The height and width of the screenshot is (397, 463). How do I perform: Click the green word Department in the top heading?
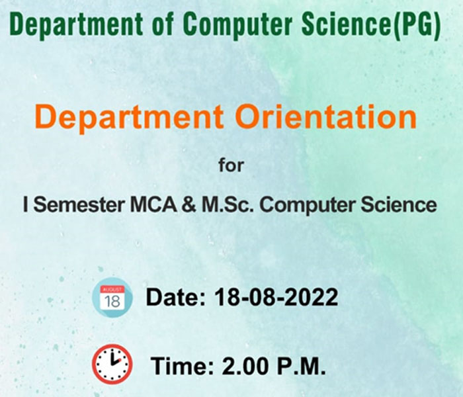point(76,24)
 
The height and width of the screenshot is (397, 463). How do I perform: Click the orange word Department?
point(129,118)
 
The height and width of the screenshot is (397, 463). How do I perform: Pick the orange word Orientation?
point(326,117)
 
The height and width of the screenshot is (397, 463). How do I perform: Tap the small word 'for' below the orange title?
point(232,165)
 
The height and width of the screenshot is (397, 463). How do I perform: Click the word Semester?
point(79,204)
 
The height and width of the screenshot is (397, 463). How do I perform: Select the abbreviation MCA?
point(153,204)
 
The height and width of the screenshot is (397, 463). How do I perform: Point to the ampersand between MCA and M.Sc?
point(189,204)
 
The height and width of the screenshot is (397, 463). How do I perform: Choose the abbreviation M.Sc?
point(228,204)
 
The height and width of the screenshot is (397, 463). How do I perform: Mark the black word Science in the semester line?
point(399,204)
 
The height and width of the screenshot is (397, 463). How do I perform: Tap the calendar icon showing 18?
point(112,298)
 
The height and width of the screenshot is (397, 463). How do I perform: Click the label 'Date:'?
point(176,297)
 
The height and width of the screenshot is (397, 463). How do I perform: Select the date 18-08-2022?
point(276,297)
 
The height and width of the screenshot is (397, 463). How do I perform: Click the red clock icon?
point(112,364)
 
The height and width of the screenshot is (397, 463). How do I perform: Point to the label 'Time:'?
point(182,366)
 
